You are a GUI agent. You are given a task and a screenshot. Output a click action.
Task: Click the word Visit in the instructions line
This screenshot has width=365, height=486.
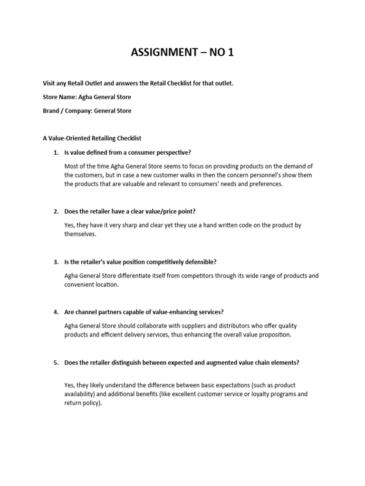pos(49,84)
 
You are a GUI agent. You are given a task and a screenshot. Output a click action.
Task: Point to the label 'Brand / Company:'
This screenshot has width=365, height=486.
pos(67,111)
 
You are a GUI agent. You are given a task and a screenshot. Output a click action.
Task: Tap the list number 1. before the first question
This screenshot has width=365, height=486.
pos(56,152)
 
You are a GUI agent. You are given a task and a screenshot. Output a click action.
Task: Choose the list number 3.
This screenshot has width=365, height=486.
pos(56,262)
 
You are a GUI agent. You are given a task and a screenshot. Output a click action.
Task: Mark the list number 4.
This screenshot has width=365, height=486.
pos(56,312)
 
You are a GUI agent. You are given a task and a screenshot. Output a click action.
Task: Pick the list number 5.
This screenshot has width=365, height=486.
pos(56,363)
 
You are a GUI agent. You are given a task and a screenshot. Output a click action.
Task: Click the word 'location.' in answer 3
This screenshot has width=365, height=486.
pos(106,285)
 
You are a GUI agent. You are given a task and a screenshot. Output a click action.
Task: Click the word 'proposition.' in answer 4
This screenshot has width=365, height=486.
pos(275,335)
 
